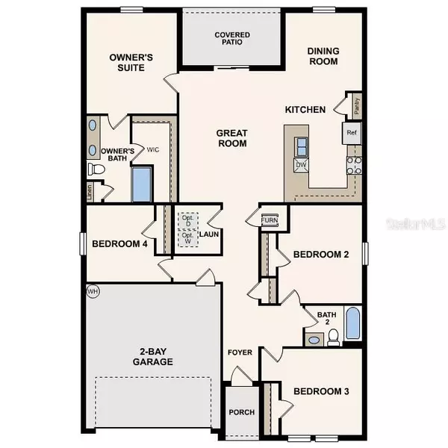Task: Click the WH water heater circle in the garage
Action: (x=93, y=291)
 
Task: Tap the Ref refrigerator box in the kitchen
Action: (x=352, y=133)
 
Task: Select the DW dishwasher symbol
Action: (x=301, y=165)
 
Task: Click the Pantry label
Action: (x=357, y=106)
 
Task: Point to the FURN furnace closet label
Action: (x=270, y=220)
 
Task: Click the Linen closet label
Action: (x=90, y=192)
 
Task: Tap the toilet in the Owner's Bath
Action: (x=96, y=169)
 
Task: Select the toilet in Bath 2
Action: (x=333, y=337)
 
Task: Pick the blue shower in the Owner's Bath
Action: (x=141, y=184)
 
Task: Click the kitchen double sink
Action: (x=301, y=147)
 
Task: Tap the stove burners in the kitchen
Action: (x=354, y=165)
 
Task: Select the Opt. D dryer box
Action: (x=187, y=220)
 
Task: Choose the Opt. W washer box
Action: (x=187, y=238)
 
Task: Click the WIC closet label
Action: (x=153, y=150)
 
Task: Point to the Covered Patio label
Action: (x=232, y=38)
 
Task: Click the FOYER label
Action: (x=240, y=352)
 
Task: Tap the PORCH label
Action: (x=242, y=412)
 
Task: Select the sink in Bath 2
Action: (x=314, y=340)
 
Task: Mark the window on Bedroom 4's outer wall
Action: (x=83, y=243)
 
